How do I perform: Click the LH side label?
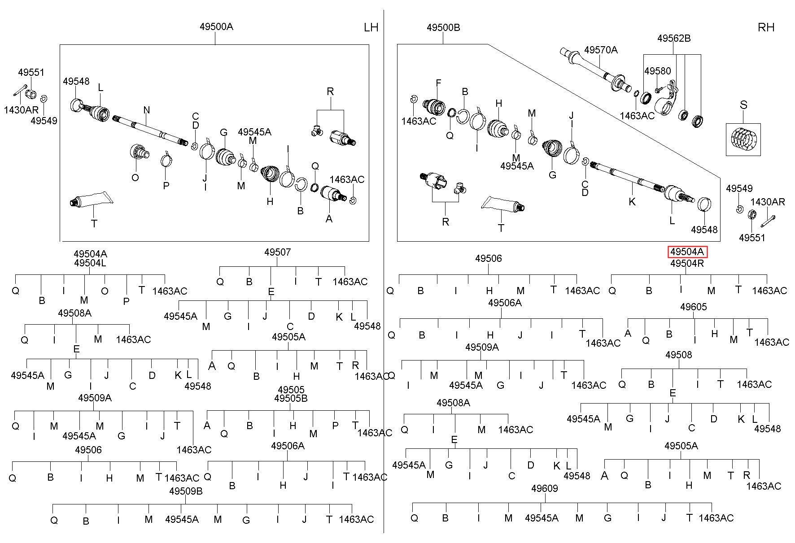(371, 27)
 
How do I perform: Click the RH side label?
(766, 27)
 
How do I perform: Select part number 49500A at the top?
(216, 26)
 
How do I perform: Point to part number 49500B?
(443, 27)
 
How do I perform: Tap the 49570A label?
(601, 50)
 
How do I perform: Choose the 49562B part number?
(674, 38)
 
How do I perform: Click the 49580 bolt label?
(658, 71)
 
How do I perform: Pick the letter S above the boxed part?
(743, 105)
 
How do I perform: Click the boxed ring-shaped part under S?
(743, 139)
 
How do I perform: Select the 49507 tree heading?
(277, 252)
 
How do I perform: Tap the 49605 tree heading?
(693, 307)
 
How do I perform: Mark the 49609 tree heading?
(544, 488)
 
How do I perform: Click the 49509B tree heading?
(186, 491)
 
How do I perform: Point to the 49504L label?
(90, 263)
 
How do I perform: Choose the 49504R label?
(687, 263)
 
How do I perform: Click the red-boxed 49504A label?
(687, 252)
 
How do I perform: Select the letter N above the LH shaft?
(147, 110)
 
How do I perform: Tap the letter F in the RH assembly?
(438, 83)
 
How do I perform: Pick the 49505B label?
(291, 398)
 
